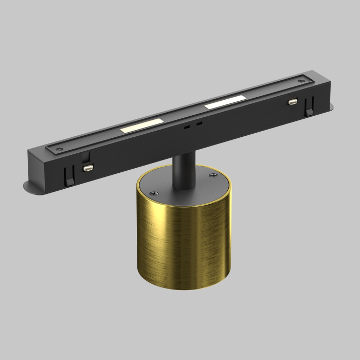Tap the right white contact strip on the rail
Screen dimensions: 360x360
click(225, 101)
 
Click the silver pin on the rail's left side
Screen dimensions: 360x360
click(88, 168)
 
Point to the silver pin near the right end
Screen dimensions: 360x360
click(293, 102)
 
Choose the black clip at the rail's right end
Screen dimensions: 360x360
click(309, 109)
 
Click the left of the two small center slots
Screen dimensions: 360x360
click(188, 126)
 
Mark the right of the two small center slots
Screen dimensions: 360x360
click(199, 123)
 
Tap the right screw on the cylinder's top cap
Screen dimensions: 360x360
click(212, 176)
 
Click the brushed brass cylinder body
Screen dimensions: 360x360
click(180, 242)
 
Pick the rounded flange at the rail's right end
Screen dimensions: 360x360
click(328, 107)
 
